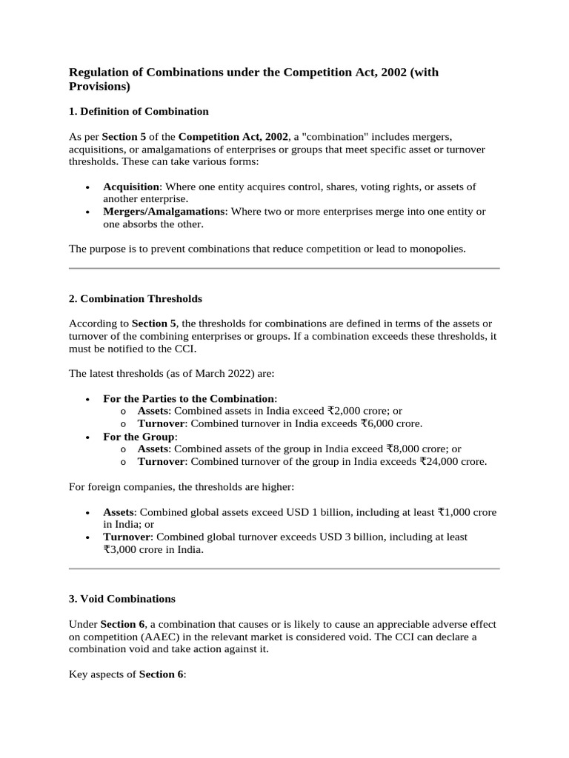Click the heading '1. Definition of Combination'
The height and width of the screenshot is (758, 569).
coord(139,112)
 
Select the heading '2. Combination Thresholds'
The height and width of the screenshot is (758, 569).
coord(136,299)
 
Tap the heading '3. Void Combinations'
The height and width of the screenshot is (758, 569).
coord(122,599)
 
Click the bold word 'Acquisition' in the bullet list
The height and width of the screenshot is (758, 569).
coord(131,187)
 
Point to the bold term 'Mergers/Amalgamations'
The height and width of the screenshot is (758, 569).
coord(164,212)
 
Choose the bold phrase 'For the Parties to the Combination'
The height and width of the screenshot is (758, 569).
coord(189,398)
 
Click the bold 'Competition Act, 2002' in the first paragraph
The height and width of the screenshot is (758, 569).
coord(233,137)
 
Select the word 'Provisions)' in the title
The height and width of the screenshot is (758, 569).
coord(99,87)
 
